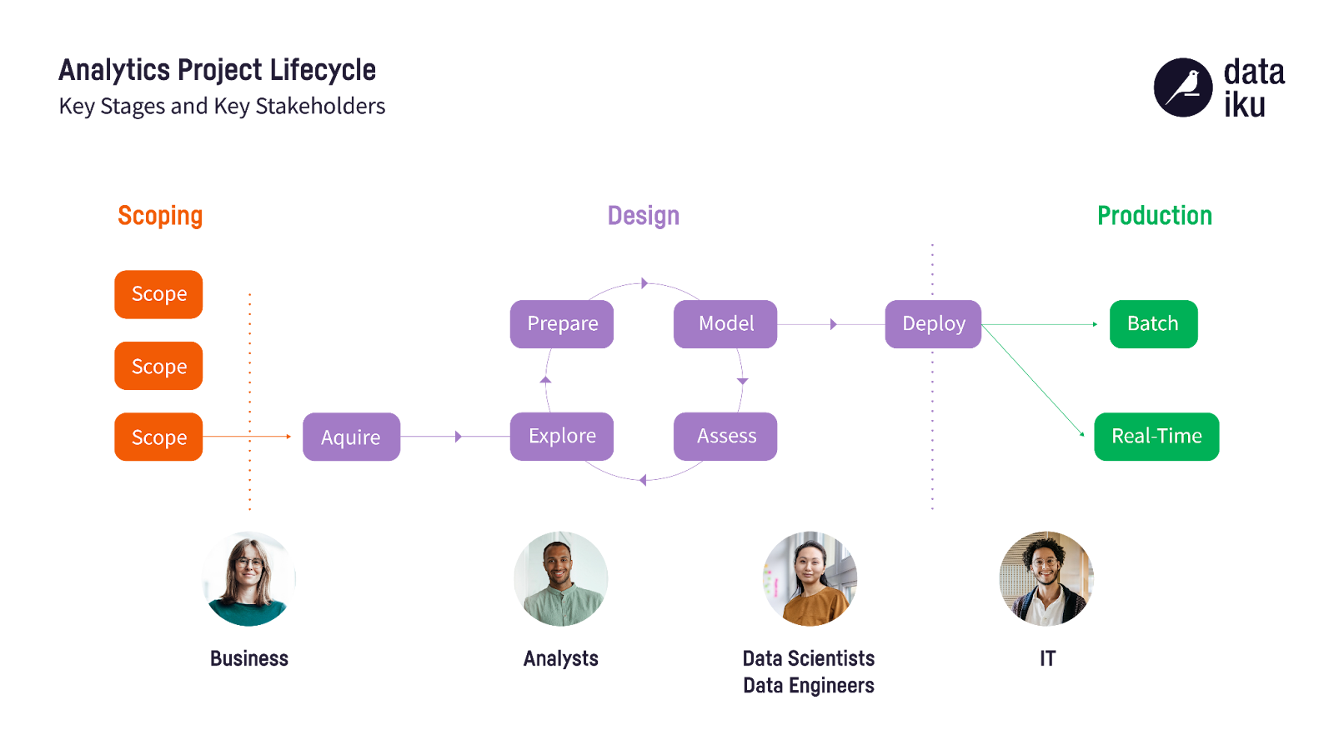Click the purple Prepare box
(561, 324)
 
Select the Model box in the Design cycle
(725, 324)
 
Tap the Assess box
(725, 437)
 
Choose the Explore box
(561, 437)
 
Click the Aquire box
(351, 437)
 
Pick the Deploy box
(933, 324)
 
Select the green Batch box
(1153, 324)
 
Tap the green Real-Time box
(1156, 437)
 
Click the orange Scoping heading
(160, 216)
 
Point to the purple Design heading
(643, 216)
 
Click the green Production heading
(1155, 216)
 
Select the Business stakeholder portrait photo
(248, 578)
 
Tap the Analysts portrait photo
(560, 578)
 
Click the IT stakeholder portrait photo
(1046, 578)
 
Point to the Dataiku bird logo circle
(1182, 87)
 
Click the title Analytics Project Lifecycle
(217, 71)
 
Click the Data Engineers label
(808, 686)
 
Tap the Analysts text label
(560, 659)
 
